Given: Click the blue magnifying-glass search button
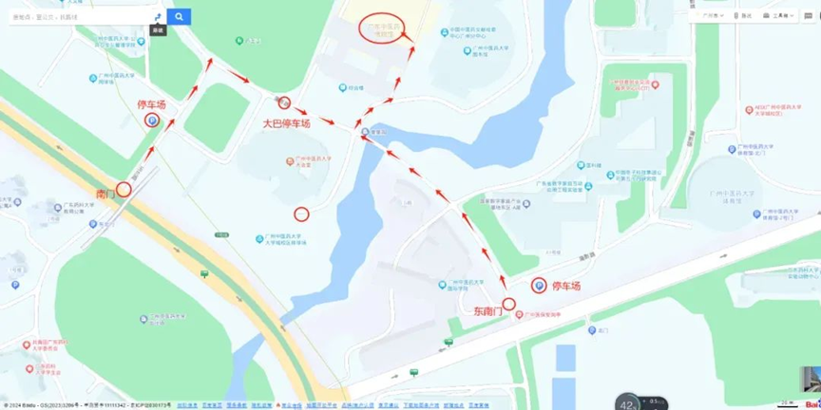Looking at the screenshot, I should [x=179, y=17].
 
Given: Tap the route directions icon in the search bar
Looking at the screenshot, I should [x=157, y=17].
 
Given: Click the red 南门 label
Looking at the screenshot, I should [x=105, y=194].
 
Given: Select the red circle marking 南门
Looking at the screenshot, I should [x=124, y=189].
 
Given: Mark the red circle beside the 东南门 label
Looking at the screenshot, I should [x=508, y=304].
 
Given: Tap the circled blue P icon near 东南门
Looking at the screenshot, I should [x=538, y=285].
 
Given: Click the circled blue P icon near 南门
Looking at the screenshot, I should [x=151, y=120].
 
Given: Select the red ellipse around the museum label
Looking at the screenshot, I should [x=386, y=28].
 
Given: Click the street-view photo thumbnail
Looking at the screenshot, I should [x=810, y=379].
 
